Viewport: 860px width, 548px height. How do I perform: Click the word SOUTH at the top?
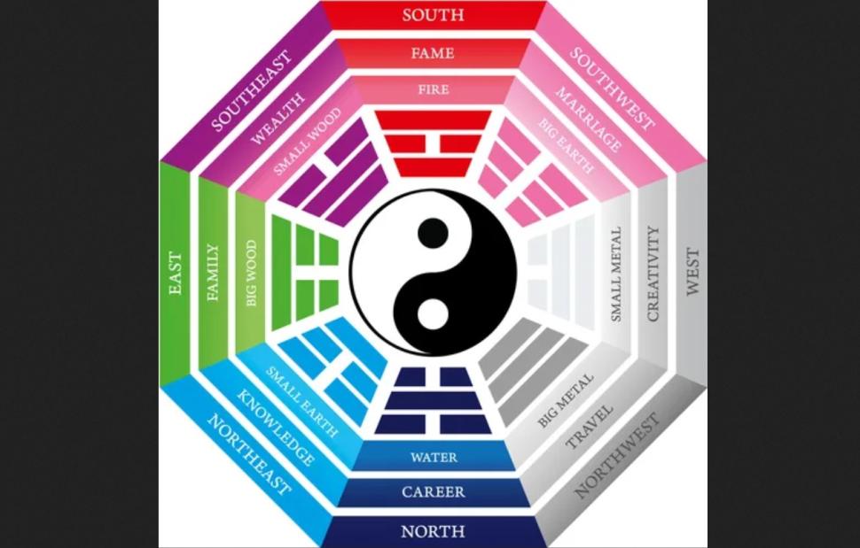pyautogui.click(x=433, y=15)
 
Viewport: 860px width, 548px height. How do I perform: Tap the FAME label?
pyautogui.click(x=433, y=53)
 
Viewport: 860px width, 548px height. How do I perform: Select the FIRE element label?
pyautogui.click(x=434, y=89)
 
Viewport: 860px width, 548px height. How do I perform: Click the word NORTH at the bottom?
pyautogui.click(x=433, y=531)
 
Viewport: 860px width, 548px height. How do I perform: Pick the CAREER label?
pyautogui.click(x=434, y=491)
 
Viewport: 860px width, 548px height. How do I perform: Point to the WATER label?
pyautogui.click(x=434, y=457)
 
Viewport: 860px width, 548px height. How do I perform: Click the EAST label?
pyautogui.click(x=175, y=274)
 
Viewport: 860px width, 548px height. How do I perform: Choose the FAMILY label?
pyautogui.click(x=212, y=273)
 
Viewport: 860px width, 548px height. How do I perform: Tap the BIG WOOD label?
pyautogui.click(x=251, y=273)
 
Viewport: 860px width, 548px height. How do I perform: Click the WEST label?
pyautogui.click(x=692, y=272)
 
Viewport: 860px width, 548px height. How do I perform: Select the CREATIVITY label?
pyautogui.click(x=653, y=274)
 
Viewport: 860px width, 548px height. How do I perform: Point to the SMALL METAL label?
pyautogui.click(x=616, y=274)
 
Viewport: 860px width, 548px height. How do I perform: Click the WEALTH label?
pyautogui.click(x=278, y=119)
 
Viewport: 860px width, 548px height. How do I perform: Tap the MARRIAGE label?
pyautogui.click(x=589, y=120)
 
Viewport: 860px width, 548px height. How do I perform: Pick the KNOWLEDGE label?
pyautogui.click(x=276, y=428)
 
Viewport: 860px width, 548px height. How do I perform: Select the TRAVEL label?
pyautogui.click(x=589, y=427)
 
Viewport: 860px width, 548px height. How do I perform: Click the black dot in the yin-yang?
pyautogui.click(x=433, y=232)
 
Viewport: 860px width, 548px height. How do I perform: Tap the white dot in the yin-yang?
pyautogui.click(x=433, y=313)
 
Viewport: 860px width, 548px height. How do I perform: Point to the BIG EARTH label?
pyautogui.click(x=566, y=145)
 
